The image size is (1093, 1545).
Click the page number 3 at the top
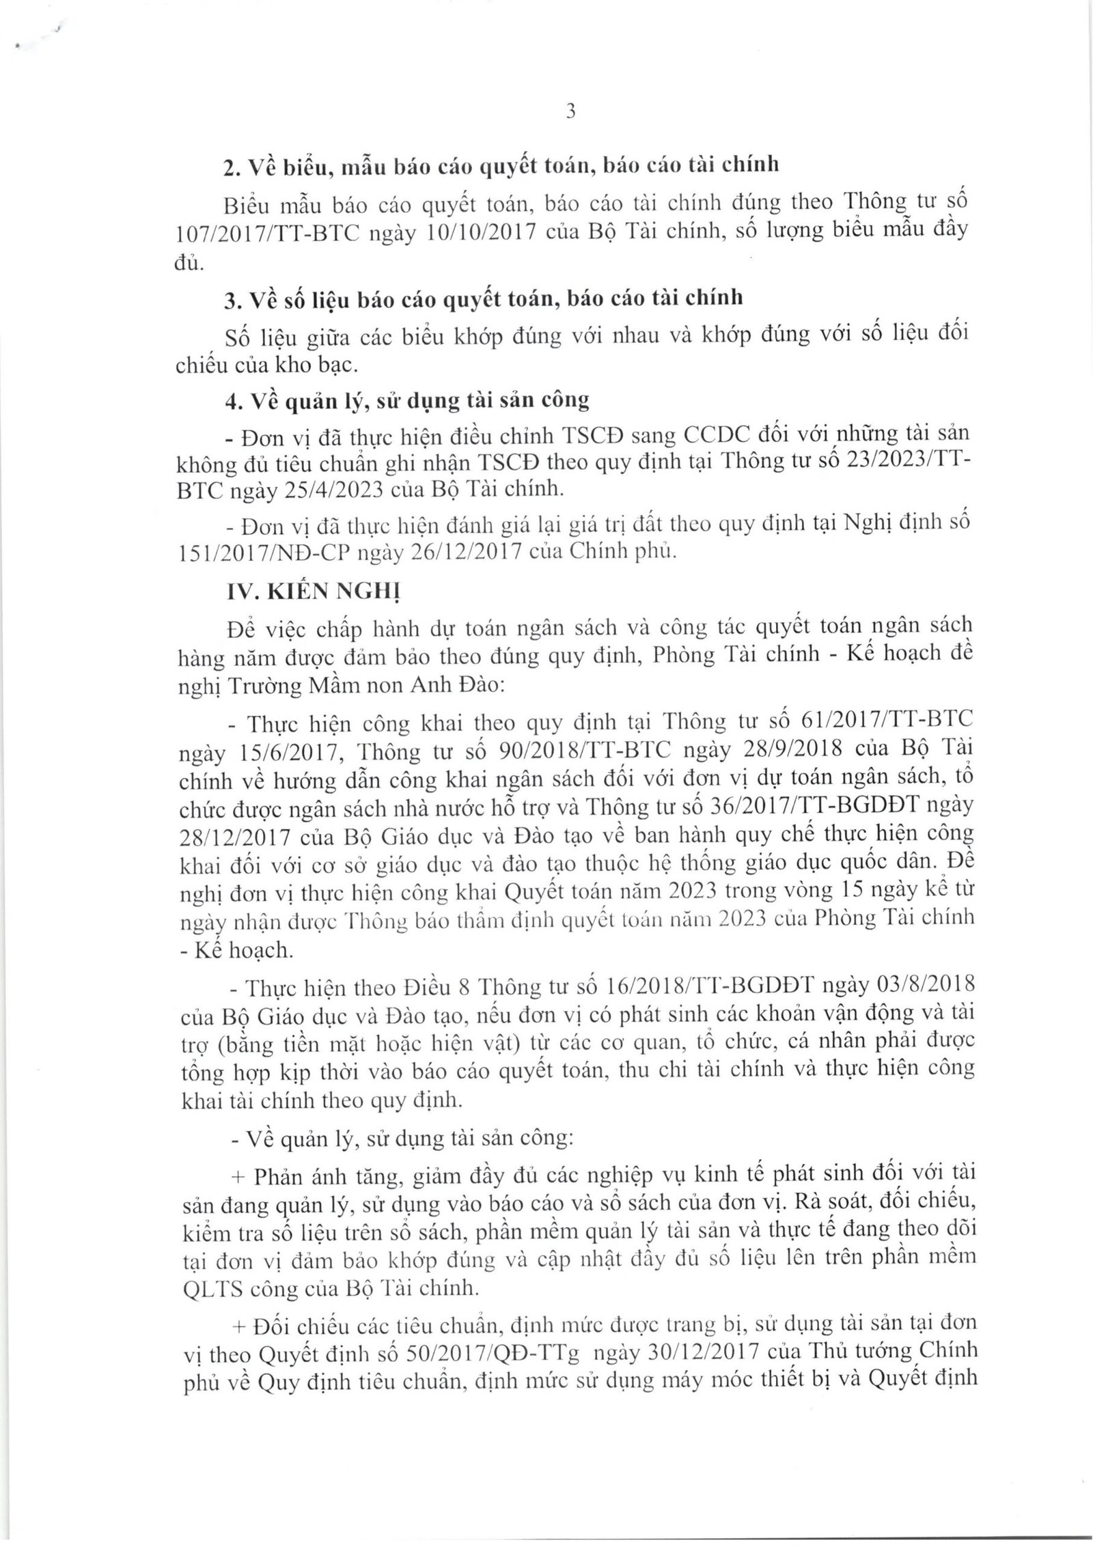pyautogui.click(x=571, y=111)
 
